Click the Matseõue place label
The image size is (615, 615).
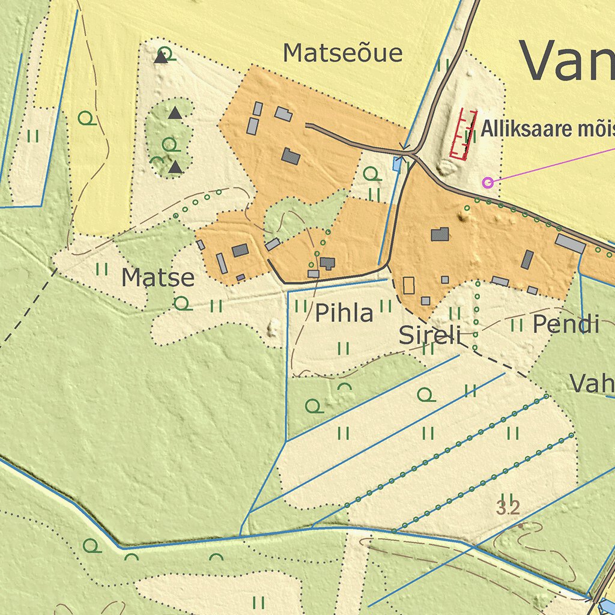[x=342, y=53]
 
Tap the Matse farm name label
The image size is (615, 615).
[x=158, y=278]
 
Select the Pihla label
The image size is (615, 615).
[x=344, y=313]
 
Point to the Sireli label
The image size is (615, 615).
[x=429, y=336]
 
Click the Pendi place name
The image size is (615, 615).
[x=566, y=325]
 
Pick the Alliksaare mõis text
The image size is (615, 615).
[x=547, y=129]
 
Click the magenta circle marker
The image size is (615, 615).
[x=488, y=182]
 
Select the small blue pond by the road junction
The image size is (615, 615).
[x=398, y=163]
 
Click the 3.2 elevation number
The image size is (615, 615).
[x=507, y=509]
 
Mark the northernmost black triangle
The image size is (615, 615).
[x=160, y=58]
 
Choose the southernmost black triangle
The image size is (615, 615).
[x=175, y=168]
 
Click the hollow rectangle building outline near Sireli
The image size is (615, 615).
[x=408, y=285]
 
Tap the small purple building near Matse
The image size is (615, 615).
[x=240, y=277]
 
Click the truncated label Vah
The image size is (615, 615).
[x=592, y=384]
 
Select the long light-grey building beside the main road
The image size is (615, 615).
[x=570, y=243]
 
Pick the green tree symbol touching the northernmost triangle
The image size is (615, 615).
[x=169, y=55]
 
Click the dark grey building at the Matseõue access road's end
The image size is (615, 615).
[x=291, y=157]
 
